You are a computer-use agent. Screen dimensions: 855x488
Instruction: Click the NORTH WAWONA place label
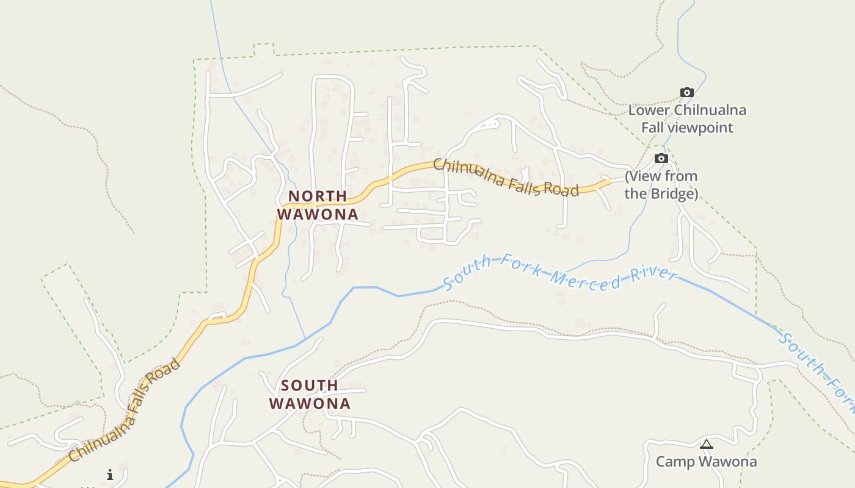point(318,205)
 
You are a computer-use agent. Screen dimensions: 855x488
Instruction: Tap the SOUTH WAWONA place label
point(310,394)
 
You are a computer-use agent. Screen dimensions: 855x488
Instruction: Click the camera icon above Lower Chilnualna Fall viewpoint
point(687,93)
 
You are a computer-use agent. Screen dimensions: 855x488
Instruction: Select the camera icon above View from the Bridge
point(661,159)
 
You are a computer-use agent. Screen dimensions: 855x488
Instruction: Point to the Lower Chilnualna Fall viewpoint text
point(687,119)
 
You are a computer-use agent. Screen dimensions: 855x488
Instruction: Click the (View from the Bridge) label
point(661,185)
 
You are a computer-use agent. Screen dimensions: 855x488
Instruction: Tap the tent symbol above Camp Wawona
point(707,444)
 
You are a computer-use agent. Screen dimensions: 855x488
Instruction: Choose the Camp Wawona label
point(706,462)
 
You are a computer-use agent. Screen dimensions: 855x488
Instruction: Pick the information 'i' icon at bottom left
point(110,475)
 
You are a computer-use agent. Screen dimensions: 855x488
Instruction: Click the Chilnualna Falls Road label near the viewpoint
point(506,178)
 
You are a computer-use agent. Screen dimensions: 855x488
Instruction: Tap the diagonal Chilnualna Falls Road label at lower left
point(125,411)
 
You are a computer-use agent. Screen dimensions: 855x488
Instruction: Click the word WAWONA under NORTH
point(318,215)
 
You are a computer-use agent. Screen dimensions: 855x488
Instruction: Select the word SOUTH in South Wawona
point(310,386)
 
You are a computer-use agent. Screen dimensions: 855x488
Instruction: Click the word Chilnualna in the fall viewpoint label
point(710,110)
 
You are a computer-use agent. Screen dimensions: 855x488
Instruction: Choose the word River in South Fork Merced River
point(655,274)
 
